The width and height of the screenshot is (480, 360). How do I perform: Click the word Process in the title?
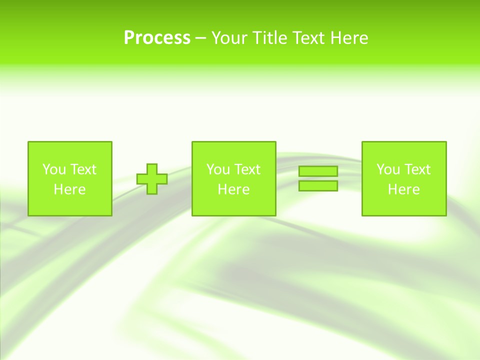[157, 38]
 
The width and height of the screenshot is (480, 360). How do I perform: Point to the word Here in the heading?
[349, 38]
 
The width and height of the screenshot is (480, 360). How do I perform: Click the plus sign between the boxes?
[152, 179]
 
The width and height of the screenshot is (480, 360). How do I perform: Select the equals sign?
[318, 178]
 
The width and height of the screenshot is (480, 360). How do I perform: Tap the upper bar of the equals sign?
[318, 171]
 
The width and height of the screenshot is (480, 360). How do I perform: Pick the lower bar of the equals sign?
[318, 186]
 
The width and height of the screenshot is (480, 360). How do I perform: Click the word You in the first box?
[54, 169]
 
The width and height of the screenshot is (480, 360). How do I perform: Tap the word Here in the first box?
[69, 189]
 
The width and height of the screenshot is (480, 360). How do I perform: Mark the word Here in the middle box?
[233, 189]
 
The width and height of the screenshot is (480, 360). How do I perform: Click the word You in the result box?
[388, 169]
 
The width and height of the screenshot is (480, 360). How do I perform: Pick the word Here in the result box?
[403, 189]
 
